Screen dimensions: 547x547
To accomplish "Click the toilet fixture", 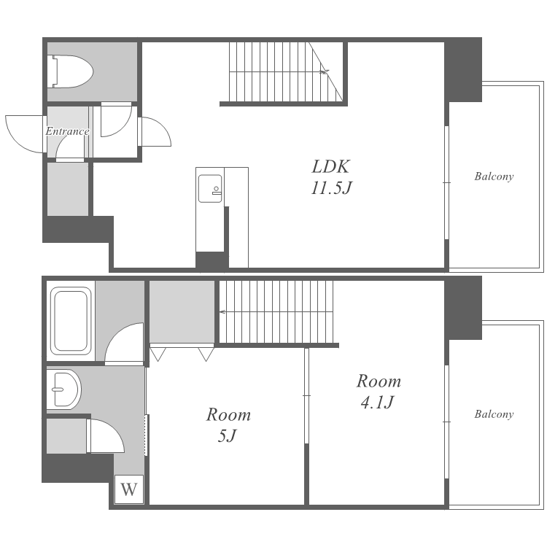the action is coord(72,71).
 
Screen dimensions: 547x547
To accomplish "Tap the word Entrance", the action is coord(67,131).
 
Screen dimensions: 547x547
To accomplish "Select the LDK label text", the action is coord(330,167).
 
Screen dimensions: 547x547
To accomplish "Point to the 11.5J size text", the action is coord(331,188).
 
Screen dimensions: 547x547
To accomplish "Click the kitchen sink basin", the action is coord(210,188).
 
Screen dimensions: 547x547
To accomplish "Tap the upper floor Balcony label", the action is coord(494,176).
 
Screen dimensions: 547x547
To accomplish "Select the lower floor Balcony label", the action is coord(494,414).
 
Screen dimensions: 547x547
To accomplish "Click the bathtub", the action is coord(71,321).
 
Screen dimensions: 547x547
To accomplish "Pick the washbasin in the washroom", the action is coord(64,389).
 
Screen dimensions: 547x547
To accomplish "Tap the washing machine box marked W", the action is coord(129,489).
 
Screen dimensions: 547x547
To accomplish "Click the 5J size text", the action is coord(228,435).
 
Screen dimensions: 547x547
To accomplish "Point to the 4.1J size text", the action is coord(377,402).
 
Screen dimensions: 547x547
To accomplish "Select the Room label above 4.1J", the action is coord(379,381).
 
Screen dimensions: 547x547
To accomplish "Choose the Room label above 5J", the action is coord(228,414).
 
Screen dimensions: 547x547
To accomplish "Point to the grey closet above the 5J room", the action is coord(182,311).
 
